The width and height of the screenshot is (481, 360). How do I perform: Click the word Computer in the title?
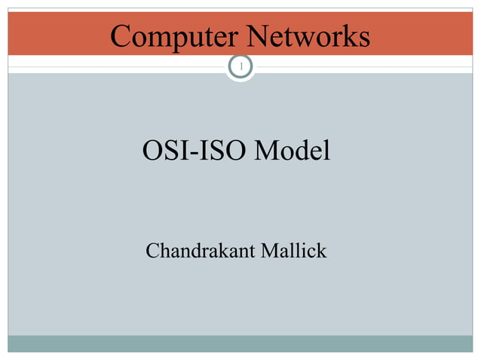tap(173, 36)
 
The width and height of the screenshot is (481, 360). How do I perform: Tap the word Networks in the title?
tap(307, 36)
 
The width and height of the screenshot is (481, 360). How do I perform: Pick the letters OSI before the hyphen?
tap(164, 152)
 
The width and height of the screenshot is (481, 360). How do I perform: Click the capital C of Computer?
tap(120, 36)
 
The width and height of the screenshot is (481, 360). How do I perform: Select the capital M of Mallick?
tap(267, 250)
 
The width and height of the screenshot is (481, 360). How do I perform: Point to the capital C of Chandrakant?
tap(152, 250)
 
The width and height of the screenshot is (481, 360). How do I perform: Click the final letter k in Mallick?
tap(322, 250)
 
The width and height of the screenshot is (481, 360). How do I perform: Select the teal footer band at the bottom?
tap(240, 343)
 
